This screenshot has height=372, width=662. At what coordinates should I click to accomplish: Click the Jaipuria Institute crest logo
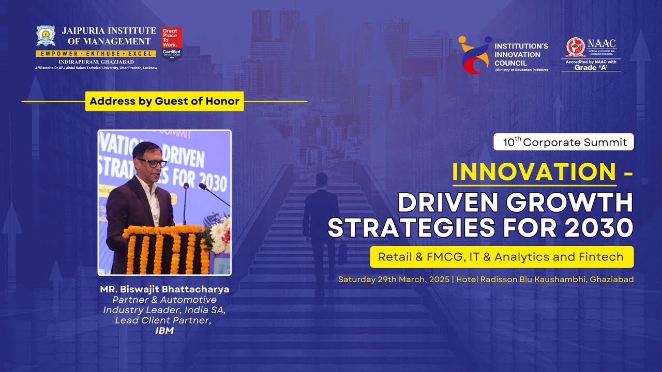pos(46,36)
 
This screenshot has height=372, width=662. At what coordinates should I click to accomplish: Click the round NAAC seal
pos(575,47)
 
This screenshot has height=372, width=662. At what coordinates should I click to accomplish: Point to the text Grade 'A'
pos(591,68)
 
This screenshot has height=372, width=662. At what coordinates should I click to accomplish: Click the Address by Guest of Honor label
pos(164,101)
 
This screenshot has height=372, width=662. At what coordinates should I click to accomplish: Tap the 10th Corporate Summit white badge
pos(564,142)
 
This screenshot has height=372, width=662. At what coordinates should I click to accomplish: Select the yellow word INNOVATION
pos(534,172)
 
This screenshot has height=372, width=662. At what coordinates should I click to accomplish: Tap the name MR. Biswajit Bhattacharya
pos(164,289)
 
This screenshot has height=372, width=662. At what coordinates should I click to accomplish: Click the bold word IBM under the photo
pos(164,331)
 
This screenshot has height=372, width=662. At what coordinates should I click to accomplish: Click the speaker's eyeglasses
pos(152,163)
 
